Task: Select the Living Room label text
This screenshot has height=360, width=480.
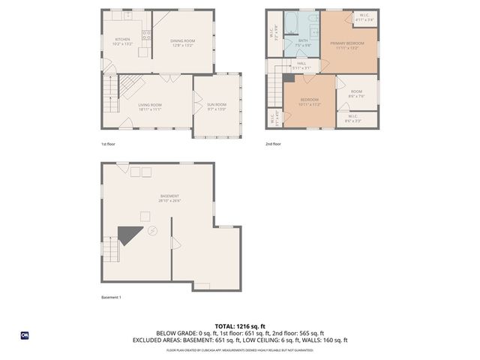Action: pos(149,107)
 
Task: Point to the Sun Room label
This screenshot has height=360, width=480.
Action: pos(217,107)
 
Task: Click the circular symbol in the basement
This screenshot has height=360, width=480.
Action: pos(153,230)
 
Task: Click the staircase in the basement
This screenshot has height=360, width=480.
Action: pos(109,248)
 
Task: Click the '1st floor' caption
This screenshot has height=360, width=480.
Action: pos(109,143)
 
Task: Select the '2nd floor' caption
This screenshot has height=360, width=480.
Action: pos(273,143)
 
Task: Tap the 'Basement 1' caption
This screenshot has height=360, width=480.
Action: pos(111,297)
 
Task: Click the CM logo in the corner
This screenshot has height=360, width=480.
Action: pos(25,335)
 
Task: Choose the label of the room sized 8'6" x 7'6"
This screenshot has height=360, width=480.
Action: pos(355,94)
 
